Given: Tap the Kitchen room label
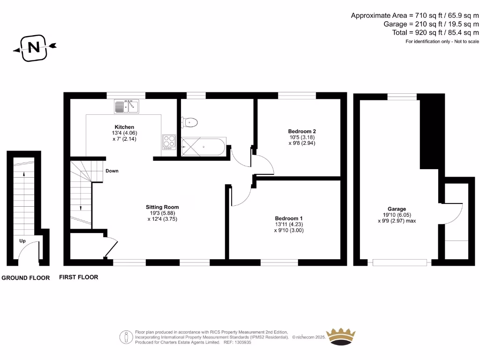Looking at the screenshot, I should pyautogui.click(x=124, y=127).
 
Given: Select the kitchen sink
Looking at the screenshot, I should pyautogui.click(x=126, y=107).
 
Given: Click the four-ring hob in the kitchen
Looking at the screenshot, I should pyautogui.click(x=169, y=142).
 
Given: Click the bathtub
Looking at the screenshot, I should pyautogui.click(x=203, y=147).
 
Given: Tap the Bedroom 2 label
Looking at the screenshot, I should pyautogui.click(x=298, y=131).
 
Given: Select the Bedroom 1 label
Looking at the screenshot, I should pyautogui.click(x=288, y=218).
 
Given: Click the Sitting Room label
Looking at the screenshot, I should pyautogui.click(x=162, y=207).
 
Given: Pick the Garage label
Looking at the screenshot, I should pyautogui.click(x=397, y=209).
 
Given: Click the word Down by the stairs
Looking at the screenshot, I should pyautogui.click(x=112, y=171).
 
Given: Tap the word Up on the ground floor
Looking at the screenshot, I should pyautogui.click(x=22, y=241).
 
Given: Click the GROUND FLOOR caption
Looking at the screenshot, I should pyautogui.click(x=26, y=278).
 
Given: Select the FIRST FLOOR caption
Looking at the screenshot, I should pyautogui.click(x=79, y=277).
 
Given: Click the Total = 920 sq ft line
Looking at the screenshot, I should pyautogui.click(x=435, y=33).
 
